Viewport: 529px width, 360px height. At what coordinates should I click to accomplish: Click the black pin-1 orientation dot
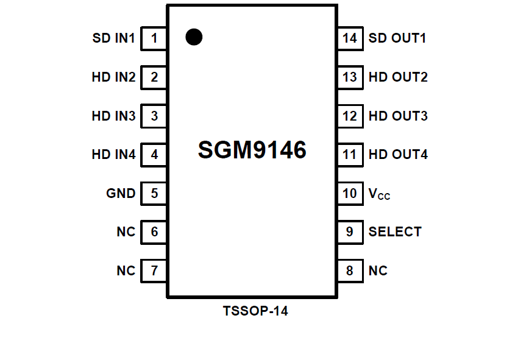194,37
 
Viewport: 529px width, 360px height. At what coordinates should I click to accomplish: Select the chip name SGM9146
252,150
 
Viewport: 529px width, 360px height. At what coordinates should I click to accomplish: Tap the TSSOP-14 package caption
255,312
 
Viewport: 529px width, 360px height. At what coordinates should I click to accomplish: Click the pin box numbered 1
154,38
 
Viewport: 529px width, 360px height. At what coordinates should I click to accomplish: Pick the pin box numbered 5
154,194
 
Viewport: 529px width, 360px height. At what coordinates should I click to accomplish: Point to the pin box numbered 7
154,270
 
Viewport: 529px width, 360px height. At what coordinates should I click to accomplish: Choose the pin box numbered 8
350,270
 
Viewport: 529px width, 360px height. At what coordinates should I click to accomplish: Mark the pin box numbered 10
350,194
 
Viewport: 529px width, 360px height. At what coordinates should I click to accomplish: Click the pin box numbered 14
350,38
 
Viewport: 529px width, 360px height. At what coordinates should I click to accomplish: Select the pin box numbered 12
350,116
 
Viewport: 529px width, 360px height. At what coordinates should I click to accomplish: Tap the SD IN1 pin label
114,38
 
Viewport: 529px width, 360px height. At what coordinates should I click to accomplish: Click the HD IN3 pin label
113,116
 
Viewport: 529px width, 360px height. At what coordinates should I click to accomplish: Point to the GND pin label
121,194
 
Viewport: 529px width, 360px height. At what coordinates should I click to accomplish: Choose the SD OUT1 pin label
397,38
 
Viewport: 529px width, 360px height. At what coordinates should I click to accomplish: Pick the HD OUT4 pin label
398,155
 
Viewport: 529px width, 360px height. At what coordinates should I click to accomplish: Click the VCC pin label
379,194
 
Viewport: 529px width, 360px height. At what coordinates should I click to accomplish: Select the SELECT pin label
395,232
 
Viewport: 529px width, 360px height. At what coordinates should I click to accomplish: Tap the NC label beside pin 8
378,270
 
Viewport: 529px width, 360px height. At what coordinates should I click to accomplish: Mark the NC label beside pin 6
126,232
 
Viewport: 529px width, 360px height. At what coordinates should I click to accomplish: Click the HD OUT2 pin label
398,77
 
